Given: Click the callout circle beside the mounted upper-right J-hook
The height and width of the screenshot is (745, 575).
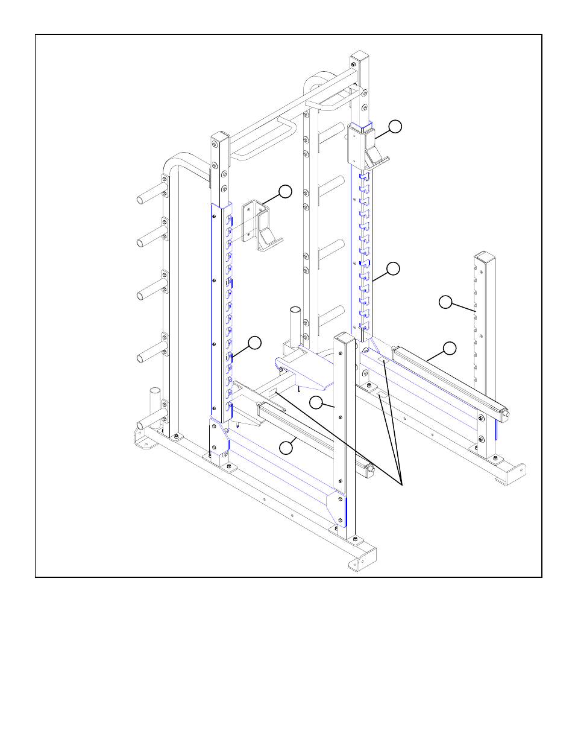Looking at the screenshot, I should point(395,126).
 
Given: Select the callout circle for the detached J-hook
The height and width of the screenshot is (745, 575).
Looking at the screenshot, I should point(285,192).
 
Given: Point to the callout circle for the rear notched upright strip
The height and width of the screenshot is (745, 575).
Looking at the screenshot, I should point(393,269).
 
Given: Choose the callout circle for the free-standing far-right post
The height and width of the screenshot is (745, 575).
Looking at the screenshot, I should point(445,302).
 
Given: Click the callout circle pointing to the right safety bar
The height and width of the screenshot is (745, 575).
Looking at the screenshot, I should point(450,348).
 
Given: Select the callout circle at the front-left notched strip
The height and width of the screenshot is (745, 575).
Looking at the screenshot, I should point(254,343).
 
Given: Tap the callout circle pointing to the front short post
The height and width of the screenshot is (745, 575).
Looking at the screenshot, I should point(316,402).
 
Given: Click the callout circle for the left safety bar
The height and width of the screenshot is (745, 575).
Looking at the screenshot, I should point(286,447).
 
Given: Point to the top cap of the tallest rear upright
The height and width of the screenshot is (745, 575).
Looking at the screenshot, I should point(359,55).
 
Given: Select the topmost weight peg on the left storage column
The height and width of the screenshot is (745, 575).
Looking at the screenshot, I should point(150,197).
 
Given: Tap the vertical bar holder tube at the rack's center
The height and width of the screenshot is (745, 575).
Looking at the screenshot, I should point(295,326).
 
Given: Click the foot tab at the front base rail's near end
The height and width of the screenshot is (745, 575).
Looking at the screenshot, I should point(356,565).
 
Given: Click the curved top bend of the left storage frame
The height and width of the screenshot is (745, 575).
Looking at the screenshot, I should point(175,162).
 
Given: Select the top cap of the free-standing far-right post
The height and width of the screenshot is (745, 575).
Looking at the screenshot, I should point(485,256).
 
